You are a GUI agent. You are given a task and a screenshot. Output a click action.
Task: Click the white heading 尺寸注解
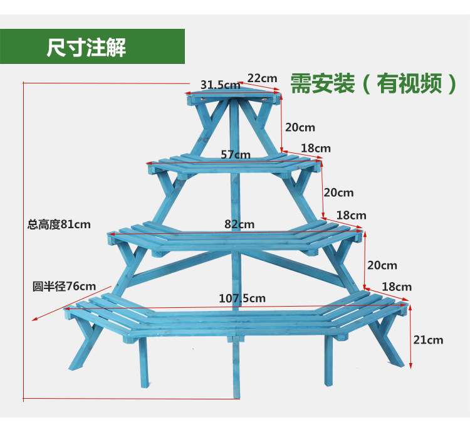(86, 47)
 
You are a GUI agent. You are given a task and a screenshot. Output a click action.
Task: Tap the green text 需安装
(322, 83)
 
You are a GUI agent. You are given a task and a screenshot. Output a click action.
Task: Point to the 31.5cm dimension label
(220, 85)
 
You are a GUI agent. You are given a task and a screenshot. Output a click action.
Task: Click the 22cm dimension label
(262, 78)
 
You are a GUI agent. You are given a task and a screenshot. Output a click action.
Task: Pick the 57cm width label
(236, 154)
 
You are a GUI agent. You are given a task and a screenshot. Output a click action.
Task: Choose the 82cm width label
(239, 224)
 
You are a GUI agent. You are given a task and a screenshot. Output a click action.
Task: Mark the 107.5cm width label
(242, 298)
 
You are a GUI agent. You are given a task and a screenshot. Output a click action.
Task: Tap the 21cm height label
(428, 340)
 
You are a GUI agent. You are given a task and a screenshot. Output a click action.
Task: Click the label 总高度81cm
(59, 224)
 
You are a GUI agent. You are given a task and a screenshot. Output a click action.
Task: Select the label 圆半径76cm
(65, 287)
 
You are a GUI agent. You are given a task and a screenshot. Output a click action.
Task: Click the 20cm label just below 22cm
(300, 127)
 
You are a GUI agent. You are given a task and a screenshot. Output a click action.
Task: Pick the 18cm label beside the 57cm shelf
(315, 149)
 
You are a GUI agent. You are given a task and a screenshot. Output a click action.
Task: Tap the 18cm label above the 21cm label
(397, 287)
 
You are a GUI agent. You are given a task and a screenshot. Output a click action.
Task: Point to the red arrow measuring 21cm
(410, 336)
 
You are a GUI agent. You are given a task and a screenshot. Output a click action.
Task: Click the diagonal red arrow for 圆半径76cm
(69, 304)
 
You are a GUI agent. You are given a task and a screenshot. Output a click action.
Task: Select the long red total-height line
(24, 241)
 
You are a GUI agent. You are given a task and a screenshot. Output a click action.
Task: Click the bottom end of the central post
(236, 394)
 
